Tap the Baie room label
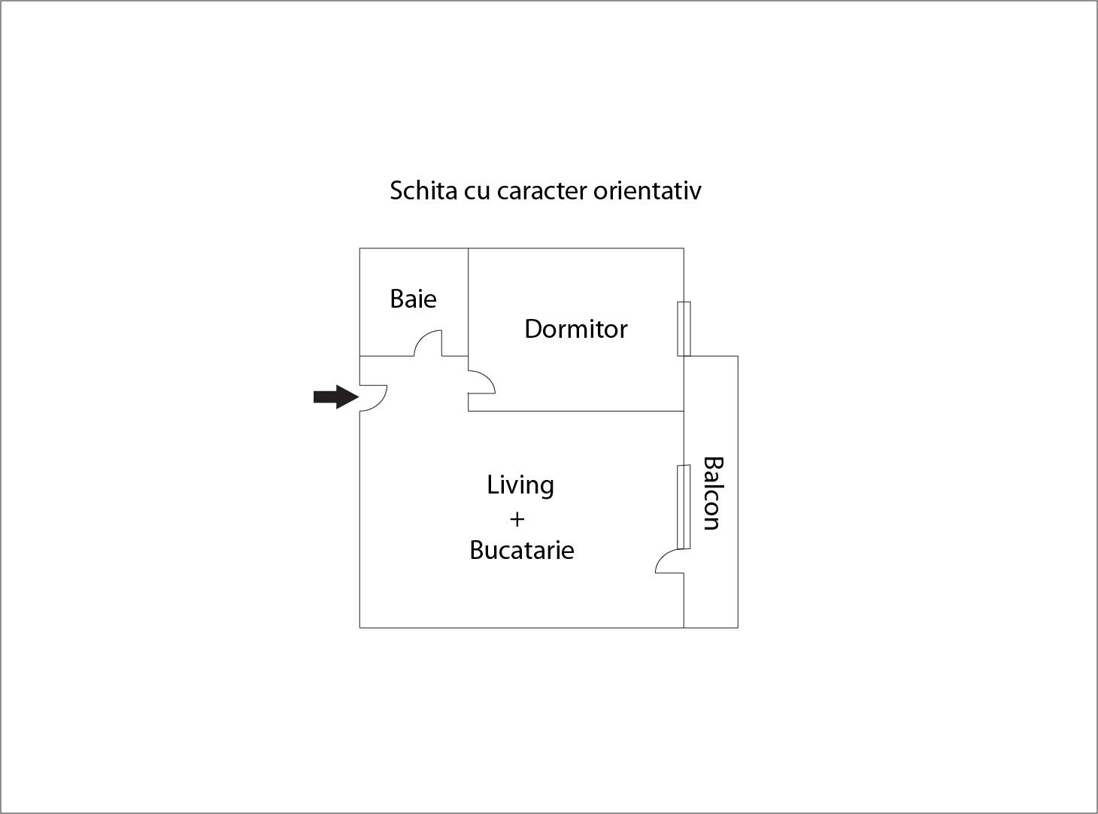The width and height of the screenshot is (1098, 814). pos(413,299)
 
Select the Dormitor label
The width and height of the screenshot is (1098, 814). pos(575,329)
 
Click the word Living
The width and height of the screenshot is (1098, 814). pos(520,485)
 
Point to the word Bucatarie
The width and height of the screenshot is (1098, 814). pos(521,550)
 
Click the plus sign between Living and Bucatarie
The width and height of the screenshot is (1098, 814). pos(517,519)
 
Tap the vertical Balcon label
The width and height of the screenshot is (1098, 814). pos(711,493)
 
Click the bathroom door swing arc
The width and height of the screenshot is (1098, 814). pos(427,342)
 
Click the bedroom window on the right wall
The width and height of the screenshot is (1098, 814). pos(684,329)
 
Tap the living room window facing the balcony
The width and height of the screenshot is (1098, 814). pos(683,507)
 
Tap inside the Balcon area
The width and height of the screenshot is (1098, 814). pos(711,587)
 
